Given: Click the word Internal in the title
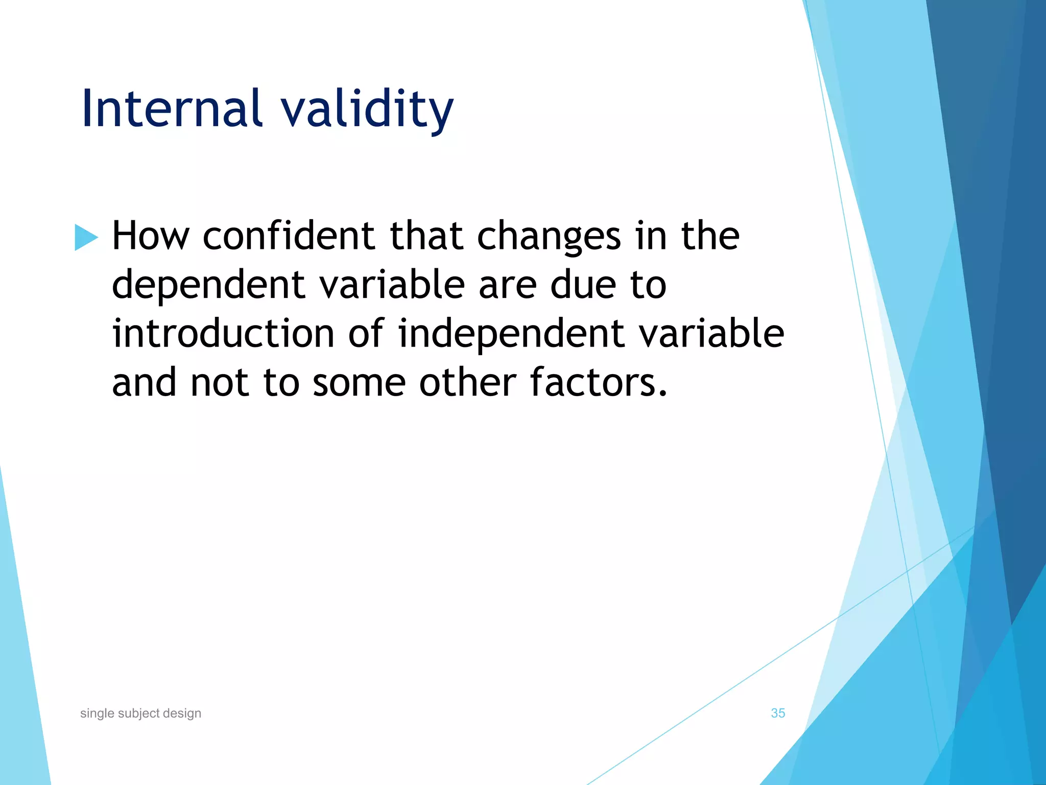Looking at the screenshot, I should point(172,108).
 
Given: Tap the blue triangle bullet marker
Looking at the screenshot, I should point(85,237).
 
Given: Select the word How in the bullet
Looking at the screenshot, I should point(150,236).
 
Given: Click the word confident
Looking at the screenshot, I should point(289,236).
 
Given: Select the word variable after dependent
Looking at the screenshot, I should point(392,285).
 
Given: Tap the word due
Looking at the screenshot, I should point(583,285).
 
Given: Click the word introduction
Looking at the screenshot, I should point(223,334).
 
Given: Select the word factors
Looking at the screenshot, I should point(598,383).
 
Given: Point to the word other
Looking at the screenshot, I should point(467,383).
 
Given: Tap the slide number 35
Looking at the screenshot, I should point(777,713).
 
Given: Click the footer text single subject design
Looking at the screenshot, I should point(140,713).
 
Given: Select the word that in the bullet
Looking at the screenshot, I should point(426,236).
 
